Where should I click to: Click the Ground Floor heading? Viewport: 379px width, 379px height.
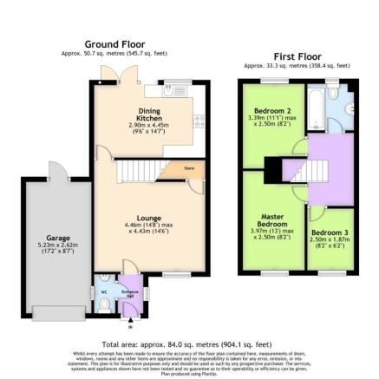coord(114,43)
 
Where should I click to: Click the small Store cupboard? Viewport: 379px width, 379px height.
coord(188,168)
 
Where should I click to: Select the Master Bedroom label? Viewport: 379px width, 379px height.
coord(272,219)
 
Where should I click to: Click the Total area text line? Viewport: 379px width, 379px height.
coord(189,344)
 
